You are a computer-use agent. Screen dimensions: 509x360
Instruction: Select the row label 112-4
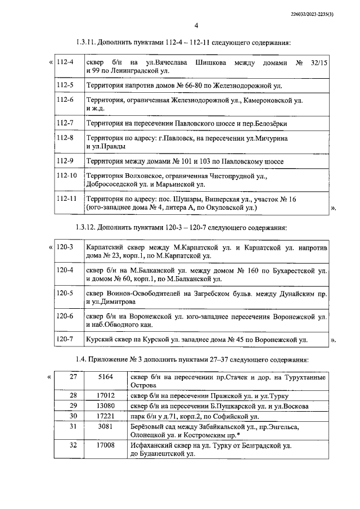[x=66, y=61]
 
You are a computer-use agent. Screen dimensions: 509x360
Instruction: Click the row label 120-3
[x=66, y=247]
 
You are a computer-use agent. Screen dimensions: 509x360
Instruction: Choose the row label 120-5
[x=66, y=293]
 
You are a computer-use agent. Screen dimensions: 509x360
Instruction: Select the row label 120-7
[x=66, y=339]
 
